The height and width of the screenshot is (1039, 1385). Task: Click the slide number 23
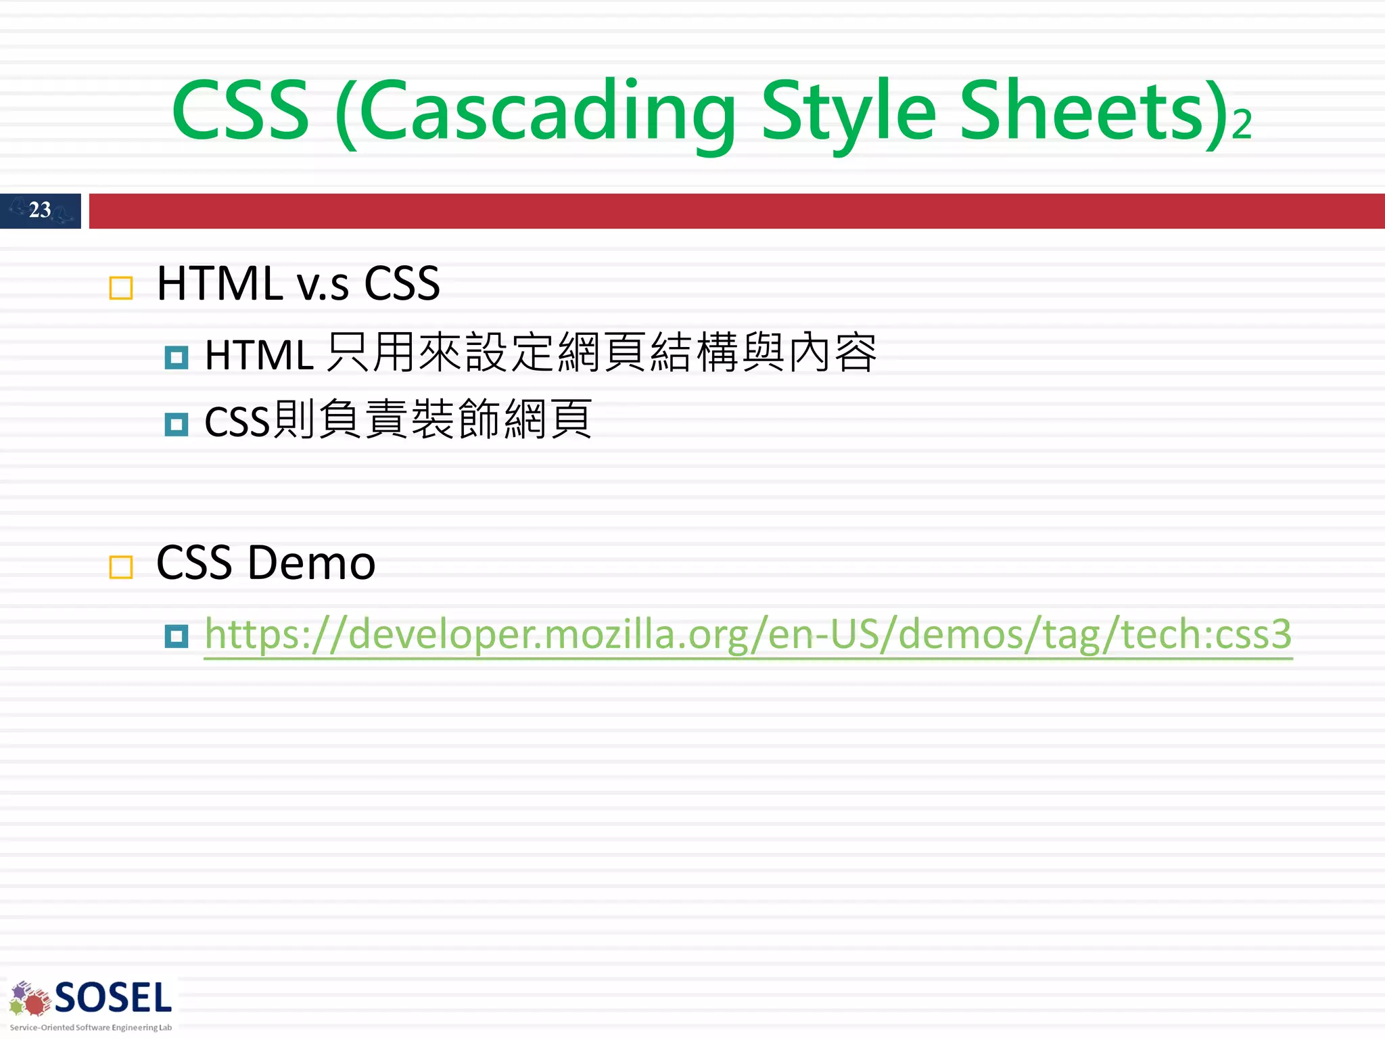[40, 210]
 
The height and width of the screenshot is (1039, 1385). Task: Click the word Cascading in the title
[548, 112]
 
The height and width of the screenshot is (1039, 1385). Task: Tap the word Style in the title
[849, 112]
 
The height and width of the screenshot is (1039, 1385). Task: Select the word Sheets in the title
[1082, 112]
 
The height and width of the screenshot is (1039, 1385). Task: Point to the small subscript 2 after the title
[1242, 125]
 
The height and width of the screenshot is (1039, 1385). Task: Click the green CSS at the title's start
[240, 112]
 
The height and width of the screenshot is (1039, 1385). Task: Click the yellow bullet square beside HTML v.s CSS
[121, 288]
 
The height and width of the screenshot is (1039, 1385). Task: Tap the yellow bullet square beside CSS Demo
[121, 567]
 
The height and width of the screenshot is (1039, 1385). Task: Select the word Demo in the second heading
[311, 563]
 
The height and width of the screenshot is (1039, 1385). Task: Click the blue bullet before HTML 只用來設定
[177, 357]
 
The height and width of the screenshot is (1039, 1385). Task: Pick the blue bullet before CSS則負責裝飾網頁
[177, 424]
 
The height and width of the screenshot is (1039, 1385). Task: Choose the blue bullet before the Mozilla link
[177, 636]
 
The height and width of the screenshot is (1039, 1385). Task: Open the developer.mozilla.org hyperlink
[748, 634]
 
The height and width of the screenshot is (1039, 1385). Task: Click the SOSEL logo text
[113, 998]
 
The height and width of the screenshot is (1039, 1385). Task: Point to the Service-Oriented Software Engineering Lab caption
[91, 1028]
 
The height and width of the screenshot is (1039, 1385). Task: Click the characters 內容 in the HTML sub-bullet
[832, 353]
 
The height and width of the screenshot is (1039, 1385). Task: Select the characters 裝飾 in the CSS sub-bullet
[455, 420]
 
